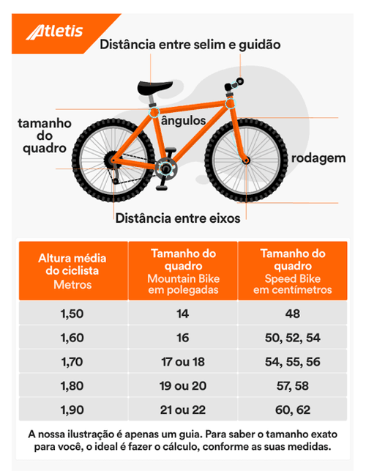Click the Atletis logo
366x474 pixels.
pyautogui.click(x=54, y=32)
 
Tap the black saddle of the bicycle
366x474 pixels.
pyautogui.click(x=155, y=86)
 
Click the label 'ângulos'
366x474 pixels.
pyautogui.click(x=183, y=121)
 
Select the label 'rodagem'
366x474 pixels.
pyautogui.click(x=318, y=158)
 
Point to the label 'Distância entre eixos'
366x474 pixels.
pyautogui.click(x=178, y=218)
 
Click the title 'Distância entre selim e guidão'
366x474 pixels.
pyautogui.click(x=190, y=45)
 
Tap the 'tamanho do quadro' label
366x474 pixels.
pyautogui.click(x=45, y=136)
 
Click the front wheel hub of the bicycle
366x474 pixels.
pyautogui.click(x=246, y=160)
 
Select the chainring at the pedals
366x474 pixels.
pyautogui.click(x=165, y=169)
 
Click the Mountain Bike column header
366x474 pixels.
pyautogui.click(x=183, y=271)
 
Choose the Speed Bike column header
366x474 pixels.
pyautogui.click(x=293, y=271)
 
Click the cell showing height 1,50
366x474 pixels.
pyautogui.click(x=72, y=314)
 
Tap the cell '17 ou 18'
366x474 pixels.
pyautogui.click(x=183, y=362)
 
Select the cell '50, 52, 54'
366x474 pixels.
pyautogui.click(x=293, y=338)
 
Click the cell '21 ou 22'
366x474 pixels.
pyautogui.click(x=183, y=410)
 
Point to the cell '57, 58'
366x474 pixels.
pyautogui.click(x=293, y=386)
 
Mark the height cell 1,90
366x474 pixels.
pyautogui.click(x=72, y=410)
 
